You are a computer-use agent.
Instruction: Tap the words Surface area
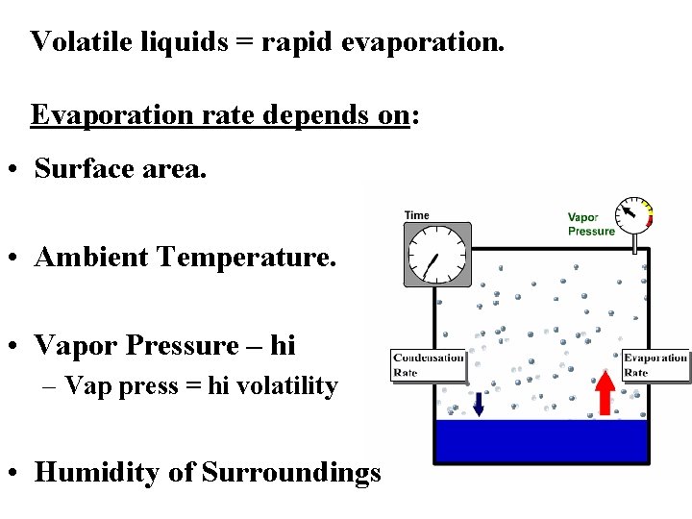tap(120, 168)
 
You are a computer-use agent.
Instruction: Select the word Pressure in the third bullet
tap(185, 345)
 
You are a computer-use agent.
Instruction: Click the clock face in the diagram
tap(436, 255)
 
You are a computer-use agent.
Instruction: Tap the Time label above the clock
tap(417, 215)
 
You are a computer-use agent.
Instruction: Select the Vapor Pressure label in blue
tap(590, 224)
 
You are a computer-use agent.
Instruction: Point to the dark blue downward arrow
tap(478, 403)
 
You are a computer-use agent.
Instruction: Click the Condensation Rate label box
tap(428, 365)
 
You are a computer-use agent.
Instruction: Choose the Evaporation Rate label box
tap(655, 365)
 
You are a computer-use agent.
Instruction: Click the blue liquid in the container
tap(542, 441)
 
